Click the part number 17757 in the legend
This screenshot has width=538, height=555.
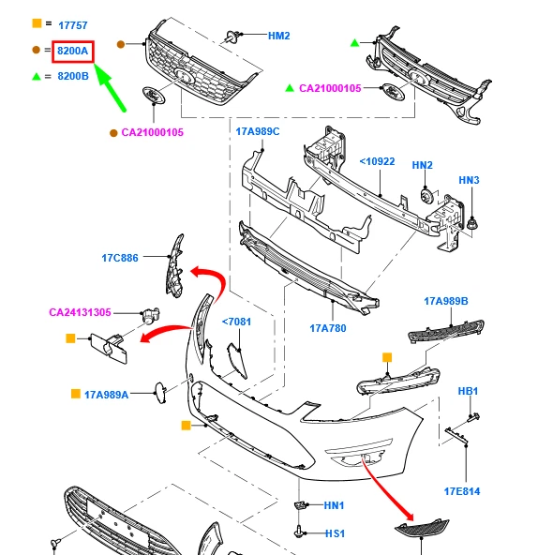(x=72, y=25)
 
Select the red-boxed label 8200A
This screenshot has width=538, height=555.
(x=73, y=51)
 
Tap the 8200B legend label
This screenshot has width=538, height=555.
(x=73, y=76)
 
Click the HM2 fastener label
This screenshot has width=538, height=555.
(x=279, y=36)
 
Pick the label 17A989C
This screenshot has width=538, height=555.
(x=258, y=131)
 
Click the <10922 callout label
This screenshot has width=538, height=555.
(x=377, y=161)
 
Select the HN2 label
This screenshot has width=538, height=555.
(x=423, y=165)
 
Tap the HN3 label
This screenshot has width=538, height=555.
(x=469, y=180)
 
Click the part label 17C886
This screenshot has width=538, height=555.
(x=120, y=258)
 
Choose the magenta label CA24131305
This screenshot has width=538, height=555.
(x=80, y=312)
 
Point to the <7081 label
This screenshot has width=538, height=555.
(x=236, y=322)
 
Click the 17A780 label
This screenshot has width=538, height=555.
(x=328, y=328)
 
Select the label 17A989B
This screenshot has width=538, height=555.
(x=446, y=301)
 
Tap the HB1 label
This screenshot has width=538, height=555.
(x=468, y=391)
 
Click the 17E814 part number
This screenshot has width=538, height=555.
(x=462, y=491)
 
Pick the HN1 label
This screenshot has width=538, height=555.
(x=334, y=505)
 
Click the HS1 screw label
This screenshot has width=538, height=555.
(x=335, y=533)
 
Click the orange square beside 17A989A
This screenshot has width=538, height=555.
(x=76, y=394)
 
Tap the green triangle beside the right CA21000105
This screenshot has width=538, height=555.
(x=290, y=88)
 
